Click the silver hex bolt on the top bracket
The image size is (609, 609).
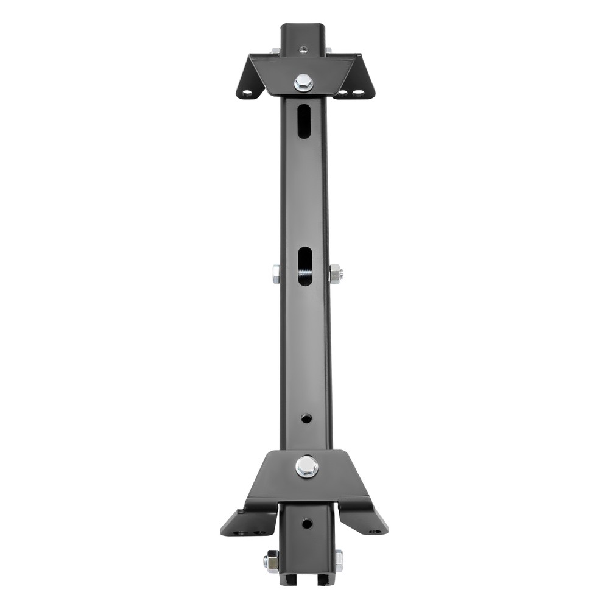303,82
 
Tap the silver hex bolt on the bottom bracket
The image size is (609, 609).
307,466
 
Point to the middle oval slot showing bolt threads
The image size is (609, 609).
304,267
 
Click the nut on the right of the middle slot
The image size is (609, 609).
336,273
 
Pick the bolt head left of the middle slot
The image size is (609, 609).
276,273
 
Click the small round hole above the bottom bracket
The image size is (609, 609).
306,418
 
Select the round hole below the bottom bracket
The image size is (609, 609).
307,523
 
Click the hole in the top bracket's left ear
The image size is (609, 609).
246,94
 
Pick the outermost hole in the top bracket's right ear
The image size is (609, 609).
359,94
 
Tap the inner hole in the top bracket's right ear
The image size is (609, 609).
343,94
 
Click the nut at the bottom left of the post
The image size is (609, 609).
271,560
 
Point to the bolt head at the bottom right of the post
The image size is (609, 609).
338,560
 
